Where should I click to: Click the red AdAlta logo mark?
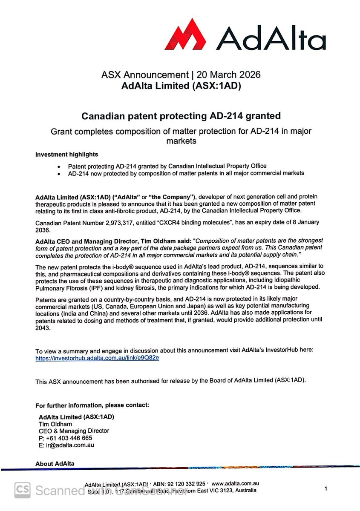point(189,35)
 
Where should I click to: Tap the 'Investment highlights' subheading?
point(66,154)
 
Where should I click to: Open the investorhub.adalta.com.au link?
point(97,358)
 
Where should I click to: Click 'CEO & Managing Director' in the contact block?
point(74,431)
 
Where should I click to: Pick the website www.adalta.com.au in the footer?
point(236,484)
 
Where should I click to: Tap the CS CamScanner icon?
point(23,490)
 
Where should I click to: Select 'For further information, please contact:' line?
point(92,405)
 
